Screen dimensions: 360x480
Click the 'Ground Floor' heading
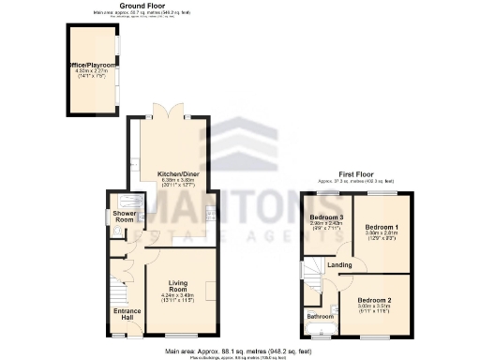point(130,5)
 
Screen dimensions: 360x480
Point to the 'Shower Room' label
point(125,216)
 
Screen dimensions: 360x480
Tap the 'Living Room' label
point(179,286)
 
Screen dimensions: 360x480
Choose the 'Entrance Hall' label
point(126,314)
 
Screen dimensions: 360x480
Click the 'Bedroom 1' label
point(382,228)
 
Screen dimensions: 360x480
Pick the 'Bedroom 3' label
point(327,218)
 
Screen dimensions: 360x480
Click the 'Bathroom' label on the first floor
point(322,317)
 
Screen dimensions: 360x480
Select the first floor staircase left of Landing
point(312,271)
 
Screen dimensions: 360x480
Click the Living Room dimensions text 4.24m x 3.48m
point(177,296)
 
